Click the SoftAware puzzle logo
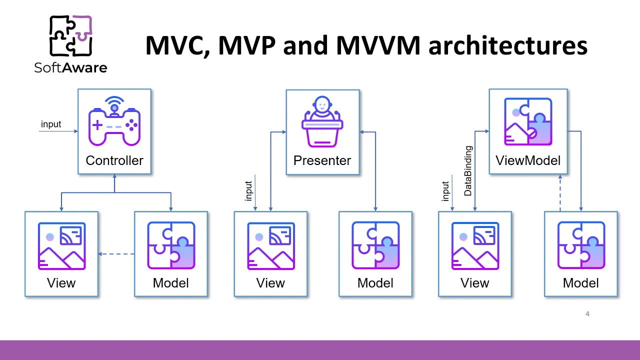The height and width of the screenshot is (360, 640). pos(70,35)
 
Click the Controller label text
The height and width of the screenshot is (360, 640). pos(114,160)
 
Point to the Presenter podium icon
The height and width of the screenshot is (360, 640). pos(322,122)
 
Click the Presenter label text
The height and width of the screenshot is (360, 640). pos(322,160)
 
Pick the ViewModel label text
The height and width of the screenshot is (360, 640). pos(528,160)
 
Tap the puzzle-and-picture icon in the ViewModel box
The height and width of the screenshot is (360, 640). pos(528,122)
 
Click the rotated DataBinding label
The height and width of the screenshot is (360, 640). pos(468,170)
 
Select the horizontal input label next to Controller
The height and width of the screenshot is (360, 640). pos(51,124)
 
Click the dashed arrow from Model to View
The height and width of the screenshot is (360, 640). pos(116,254)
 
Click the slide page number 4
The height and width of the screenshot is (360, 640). pos(587,314)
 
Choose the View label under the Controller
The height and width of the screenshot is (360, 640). pos(61,283)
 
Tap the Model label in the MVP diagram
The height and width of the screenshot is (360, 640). pos(375,283)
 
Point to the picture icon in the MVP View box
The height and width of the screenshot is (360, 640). pos(270,245)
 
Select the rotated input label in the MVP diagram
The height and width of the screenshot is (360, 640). pos(249,190)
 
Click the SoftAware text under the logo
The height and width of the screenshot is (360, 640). pos(70,67)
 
